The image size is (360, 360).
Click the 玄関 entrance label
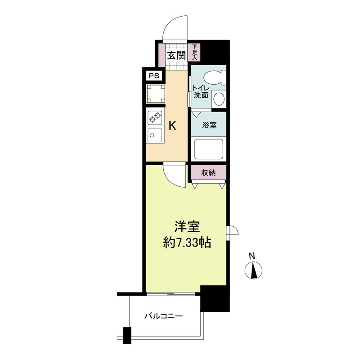click(176, 55)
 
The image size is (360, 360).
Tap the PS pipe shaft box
click(154, 76)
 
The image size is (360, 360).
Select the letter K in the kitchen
click(172, 126)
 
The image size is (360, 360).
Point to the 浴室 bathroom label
click(209, 126)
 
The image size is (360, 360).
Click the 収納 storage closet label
click(208, 173)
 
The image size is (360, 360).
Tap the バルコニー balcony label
click(163, 316)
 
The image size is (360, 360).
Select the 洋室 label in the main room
click(187, 227)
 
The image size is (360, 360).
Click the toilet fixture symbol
click(216, 77)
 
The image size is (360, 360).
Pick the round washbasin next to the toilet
click(219, 99)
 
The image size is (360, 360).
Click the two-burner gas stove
click(155, 117)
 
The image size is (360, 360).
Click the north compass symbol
click(253, 270)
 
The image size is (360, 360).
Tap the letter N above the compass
click(252, 256)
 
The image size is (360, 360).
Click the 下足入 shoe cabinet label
click(194, 52)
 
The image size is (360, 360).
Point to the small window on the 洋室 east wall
click(231, 233)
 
